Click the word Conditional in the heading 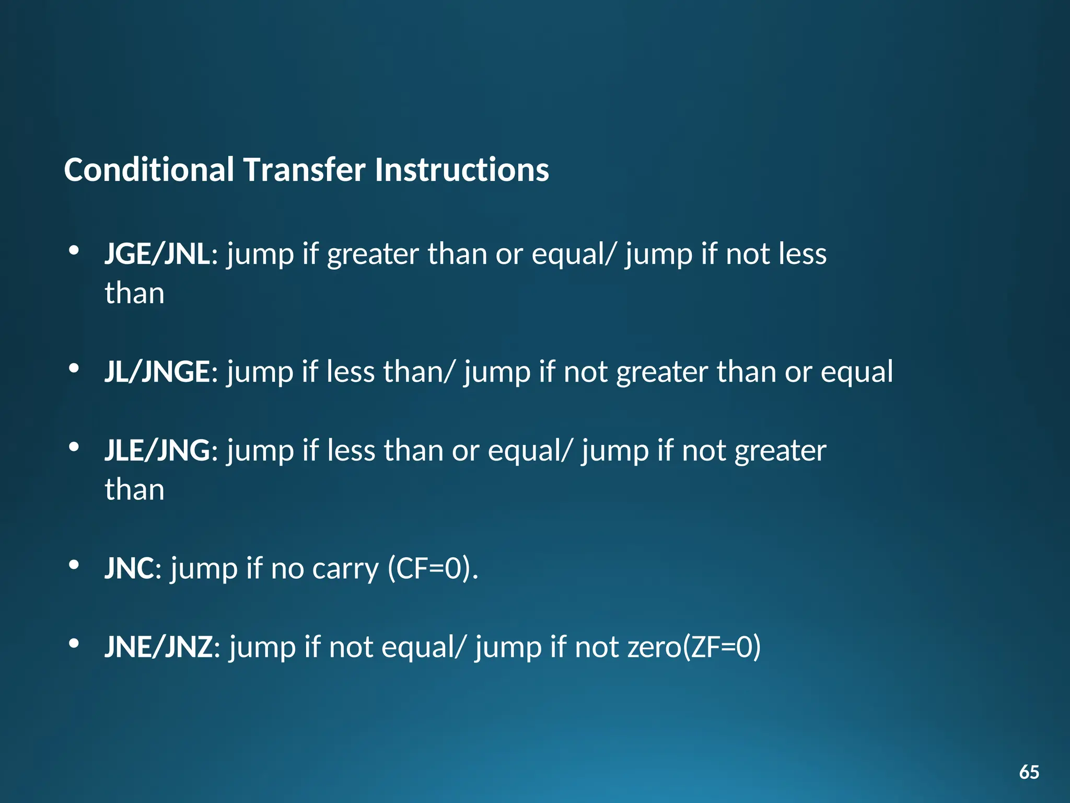[x=149, y=170]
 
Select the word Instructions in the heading [x=462, y=170]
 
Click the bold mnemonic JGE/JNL [x=157, y=255]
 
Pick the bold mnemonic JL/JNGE [x=157, y=372]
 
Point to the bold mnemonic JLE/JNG [x=157, y=451]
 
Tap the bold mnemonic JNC [x=130, y=568]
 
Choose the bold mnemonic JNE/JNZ [x=158, y=647]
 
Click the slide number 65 [x=1029, y=772]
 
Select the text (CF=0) [x=433, y=568]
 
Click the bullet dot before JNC [x=74, y=565]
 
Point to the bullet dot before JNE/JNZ [x=74, y=643]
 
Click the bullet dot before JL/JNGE [x=74, y=368]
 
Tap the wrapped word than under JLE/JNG [x=134, y=490]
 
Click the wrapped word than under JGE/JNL [x=134, y=293]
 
